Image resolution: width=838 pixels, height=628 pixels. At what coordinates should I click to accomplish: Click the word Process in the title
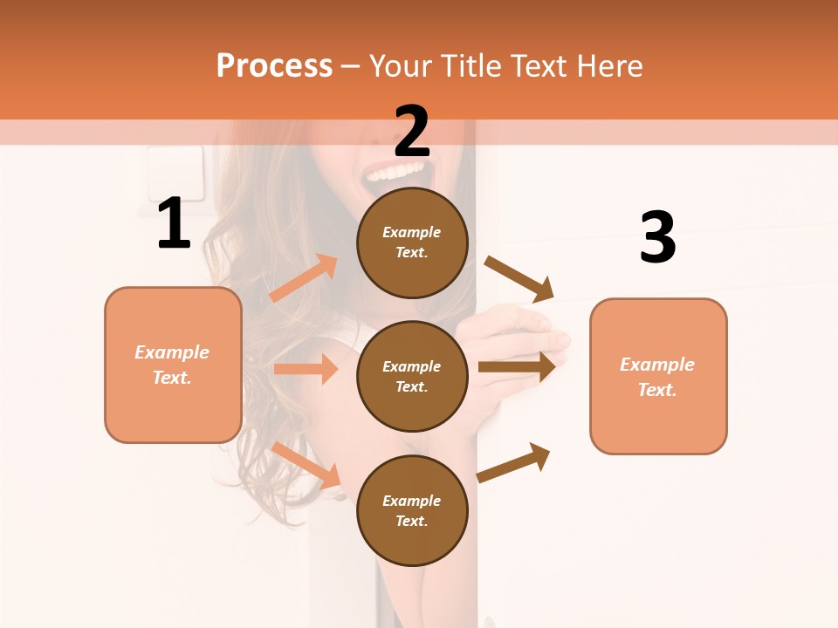274,65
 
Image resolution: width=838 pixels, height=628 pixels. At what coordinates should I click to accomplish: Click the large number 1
174,224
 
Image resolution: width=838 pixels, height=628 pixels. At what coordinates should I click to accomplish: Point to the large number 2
412,131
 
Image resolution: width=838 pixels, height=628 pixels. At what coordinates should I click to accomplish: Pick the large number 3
657,237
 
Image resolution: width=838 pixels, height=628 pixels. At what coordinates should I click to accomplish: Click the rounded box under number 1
173,365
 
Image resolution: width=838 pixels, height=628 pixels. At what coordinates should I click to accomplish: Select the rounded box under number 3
658,376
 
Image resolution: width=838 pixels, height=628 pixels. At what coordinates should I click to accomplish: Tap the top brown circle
412,242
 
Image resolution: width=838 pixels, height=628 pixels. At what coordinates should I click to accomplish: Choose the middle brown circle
412,376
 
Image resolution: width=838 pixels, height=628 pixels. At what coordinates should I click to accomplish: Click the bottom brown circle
412,510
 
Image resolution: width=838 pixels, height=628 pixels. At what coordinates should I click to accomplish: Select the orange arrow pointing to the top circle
303,278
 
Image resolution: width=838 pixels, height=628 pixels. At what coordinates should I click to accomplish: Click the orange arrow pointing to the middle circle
305,369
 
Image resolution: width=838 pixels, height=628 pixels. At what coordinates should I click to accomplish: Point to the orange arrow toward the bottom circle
306,464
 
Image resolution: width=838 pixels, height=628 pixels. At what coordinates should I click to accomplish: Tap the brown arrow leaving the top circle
519,279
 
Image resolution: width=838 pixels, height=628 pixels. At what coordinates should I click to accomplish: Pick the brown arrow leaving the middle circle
516,367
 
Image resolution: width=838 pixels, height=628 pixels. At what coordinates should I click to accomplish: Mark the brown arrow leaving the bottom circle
513,462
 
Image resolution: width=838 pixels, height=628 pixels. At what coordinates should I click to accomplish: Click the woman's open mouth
398,174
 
